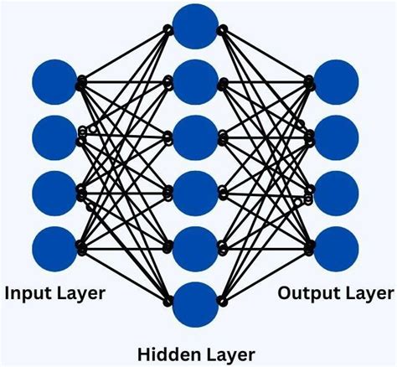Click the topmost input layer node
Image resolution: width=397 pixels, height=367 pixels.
click(x=54, y=82)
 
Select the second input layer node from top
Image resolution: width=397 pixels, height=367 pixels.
click(x=54, y=137)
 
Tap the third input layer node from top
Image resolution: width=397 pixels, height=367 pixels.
click(x=54, y=191)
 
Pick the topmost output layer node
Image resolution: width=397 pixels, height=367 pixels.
click(x=337, y=82)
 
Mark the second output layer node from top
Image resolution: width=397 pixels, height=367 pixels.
click(x=337, y=137)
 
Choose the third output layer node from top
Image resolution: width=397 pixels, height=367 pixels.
click(x=337, y=191)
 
